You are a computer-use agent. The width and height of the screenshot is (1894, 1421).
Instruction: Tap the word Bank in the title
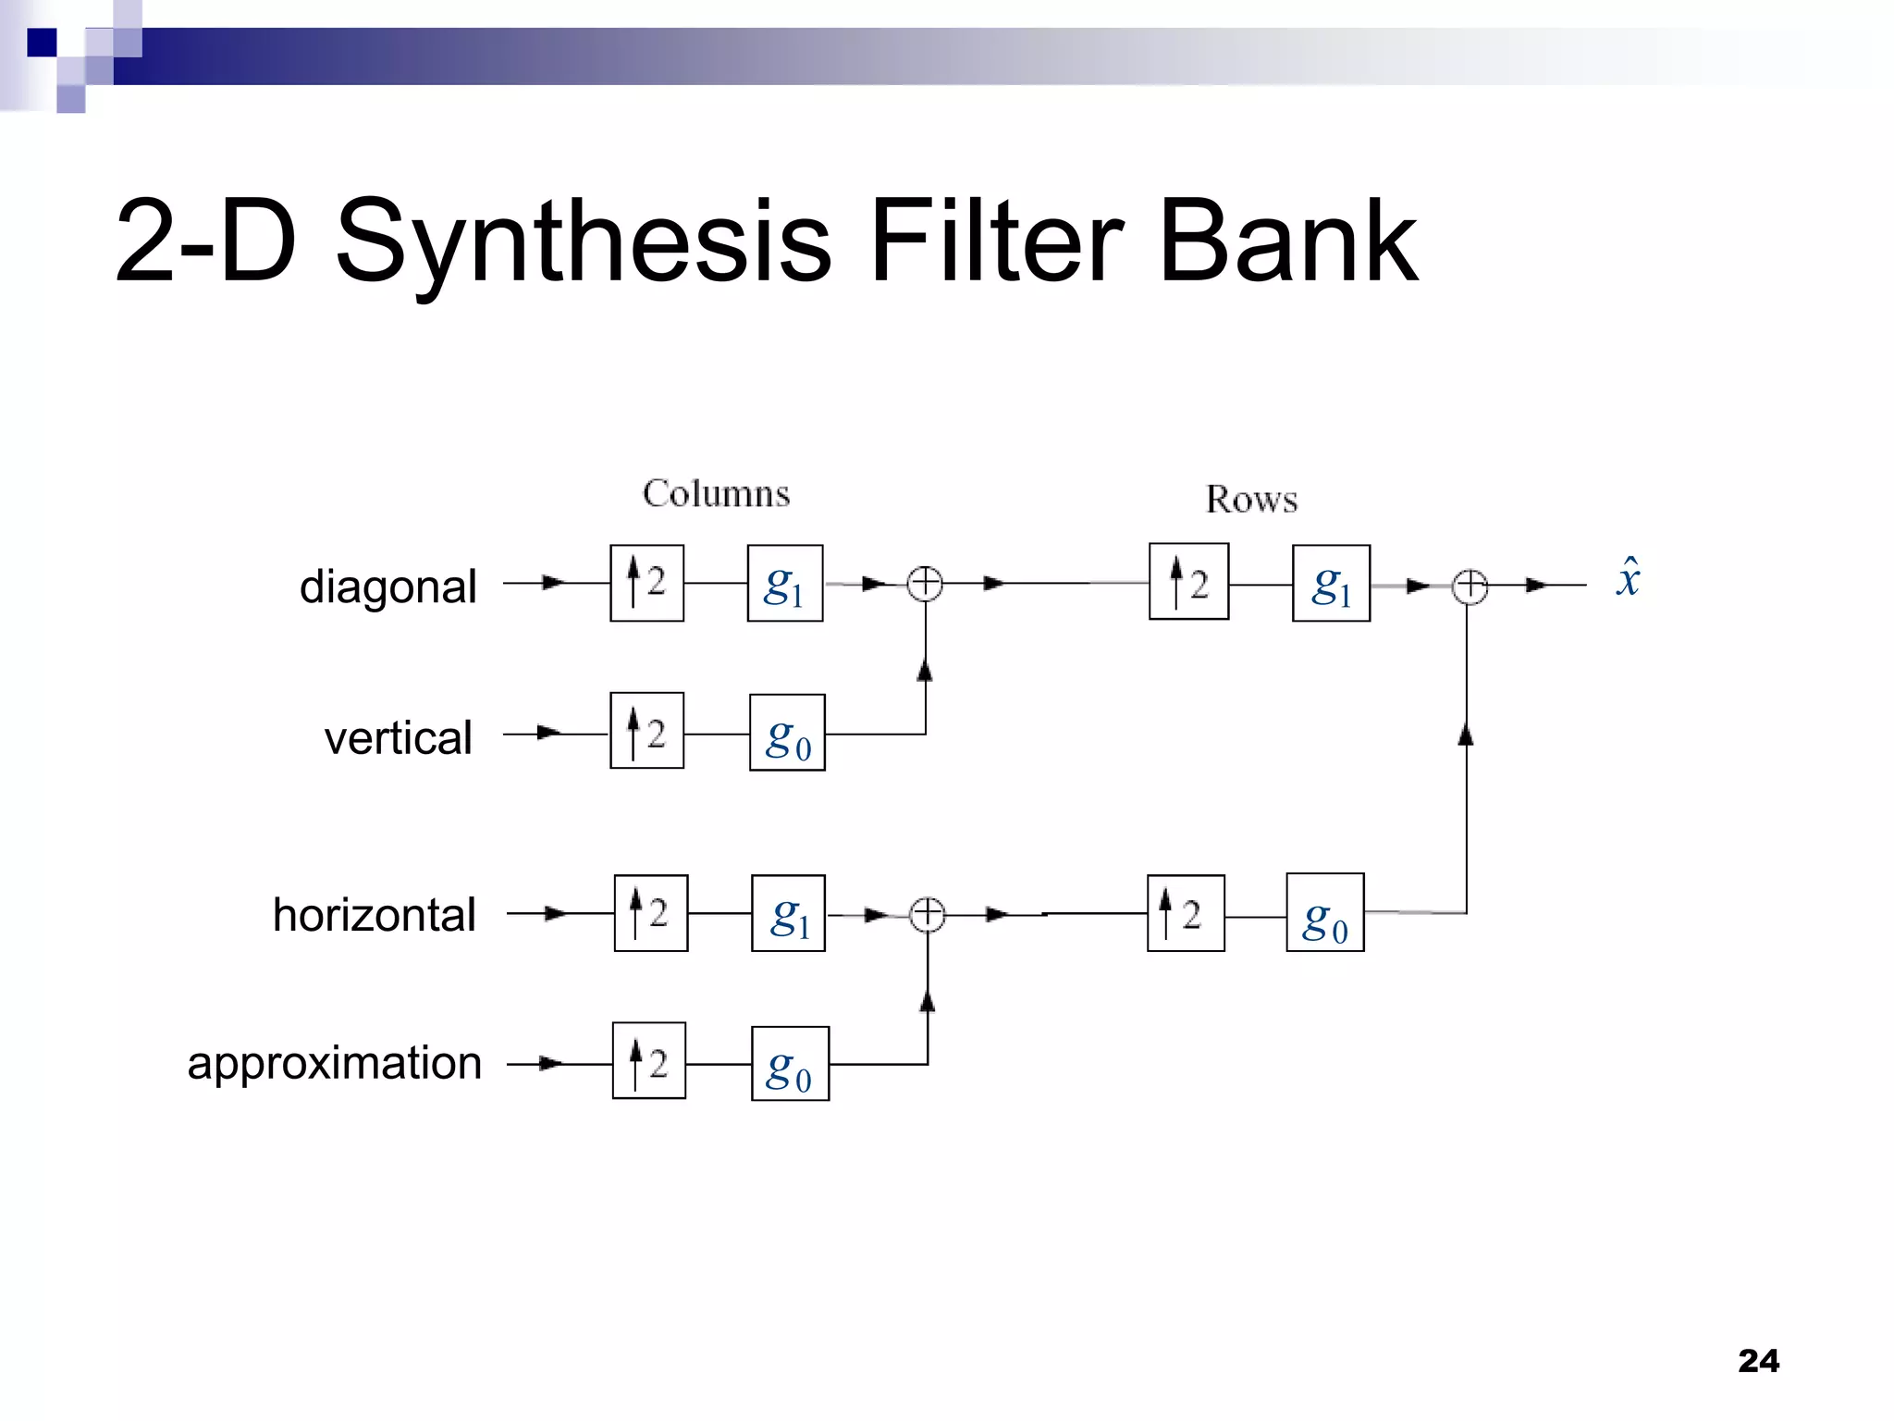(x=1287, y=242)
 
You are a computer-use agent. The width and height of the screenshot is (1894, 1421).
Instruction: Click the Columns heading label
(x=717, y=494)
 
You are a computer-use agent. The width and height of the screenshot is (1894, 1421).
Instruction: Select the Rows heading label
(x=1251, y=500)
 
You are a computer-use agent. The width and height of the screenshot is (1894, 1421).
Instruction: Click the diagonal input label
(x=388, y=587)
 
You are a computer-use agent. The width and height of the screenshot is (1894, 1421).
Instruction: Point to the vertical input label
(x=399, y=738)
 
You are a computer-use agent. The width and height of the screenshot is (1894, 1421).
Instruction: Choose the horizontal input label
(x=375, y=915)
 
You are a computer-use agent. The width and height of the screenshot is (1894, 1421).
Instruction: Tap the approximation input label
(x=335, y=1063)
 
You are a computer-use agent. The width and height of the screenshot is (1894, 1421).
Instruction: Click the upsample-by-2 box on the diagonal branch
(x=646, y=583)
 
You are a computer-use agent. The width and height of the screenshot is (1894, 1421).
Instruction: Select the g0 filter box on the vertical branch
(x=787, y=733)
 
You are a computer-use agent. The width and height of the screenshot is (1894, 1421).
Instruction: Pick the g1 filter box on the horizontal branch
(x=788, y=913)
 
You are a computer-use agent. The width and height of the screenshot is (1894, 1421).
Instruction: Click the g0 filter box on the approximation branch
(x=790, y=1064)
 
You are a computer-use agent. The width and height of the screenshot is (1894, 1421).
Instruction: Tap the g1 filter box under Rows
(x=1331, y=583)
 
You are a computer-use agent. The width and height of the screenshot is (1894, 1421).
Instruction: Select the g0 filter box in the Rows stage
(x=1324, y=912)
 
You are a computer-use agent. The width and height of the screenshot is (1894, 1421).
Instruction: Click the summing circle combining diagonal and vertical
(x=925, y=584)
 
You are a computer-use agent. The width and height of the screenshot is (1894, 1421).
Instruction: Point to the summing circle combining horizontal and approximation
(x=928, y=915)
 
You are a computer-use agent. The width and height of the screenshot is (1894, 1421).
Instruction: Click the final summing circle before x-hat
(x=1470, y=587)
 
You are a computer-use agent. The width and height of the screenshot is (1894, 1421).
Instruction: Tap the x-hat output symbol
(x=1628, y=578)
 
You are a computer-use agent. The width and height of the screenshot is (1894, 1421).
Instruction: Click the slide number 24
(x=1758, y=1361)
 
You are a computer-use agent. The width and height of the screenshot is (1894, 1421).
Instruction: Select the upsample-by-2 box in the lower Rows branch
(x=1186, y=913)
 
